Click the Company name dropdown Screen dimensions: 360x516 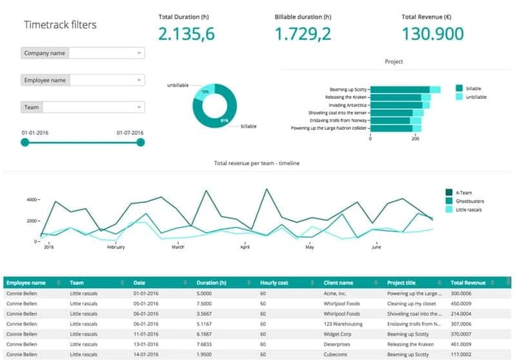pyautogui.click(x=106, y=53)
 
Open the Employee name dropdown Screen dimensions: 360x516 pyautogui.click(x=106, y=80)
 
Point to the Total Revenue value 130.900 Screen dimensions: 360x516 pyautogui.click(x=433, y=33)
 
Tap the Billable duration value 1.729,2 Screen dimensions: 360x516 pyautogui.click(x=302, y=33)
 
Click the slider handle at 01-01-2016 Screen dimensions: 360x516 pyautogui.click(x=25, y=142)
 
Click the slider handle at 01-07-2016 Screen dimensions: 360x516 pyautogui.click(x=141, y=142)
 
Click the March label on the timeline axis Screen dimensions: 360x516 pyautogui.click(x=178, y=248)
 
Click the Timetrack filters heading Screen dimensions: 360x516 pyautogui.click(x=60, y=25)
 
